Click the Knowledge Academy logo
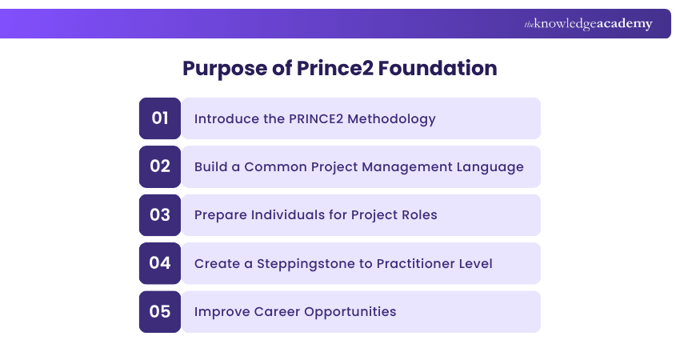pyautogui.click(x=588, y=24)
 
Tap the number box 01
pyautogui.click(x=160, y=118)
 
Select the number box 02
pyautogui.click(x=160, y=166)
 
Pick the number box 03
pyautogui.click(x=160, y=215)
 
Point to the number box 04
pyautogui.click(x=160, y=263)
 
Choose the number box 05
pyautogui.click(x=160, y=311)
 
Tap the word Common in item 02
pyautogui.click(x=274, y=167)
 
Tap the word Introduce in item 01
pyautogui.click(x=225, y=119)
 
